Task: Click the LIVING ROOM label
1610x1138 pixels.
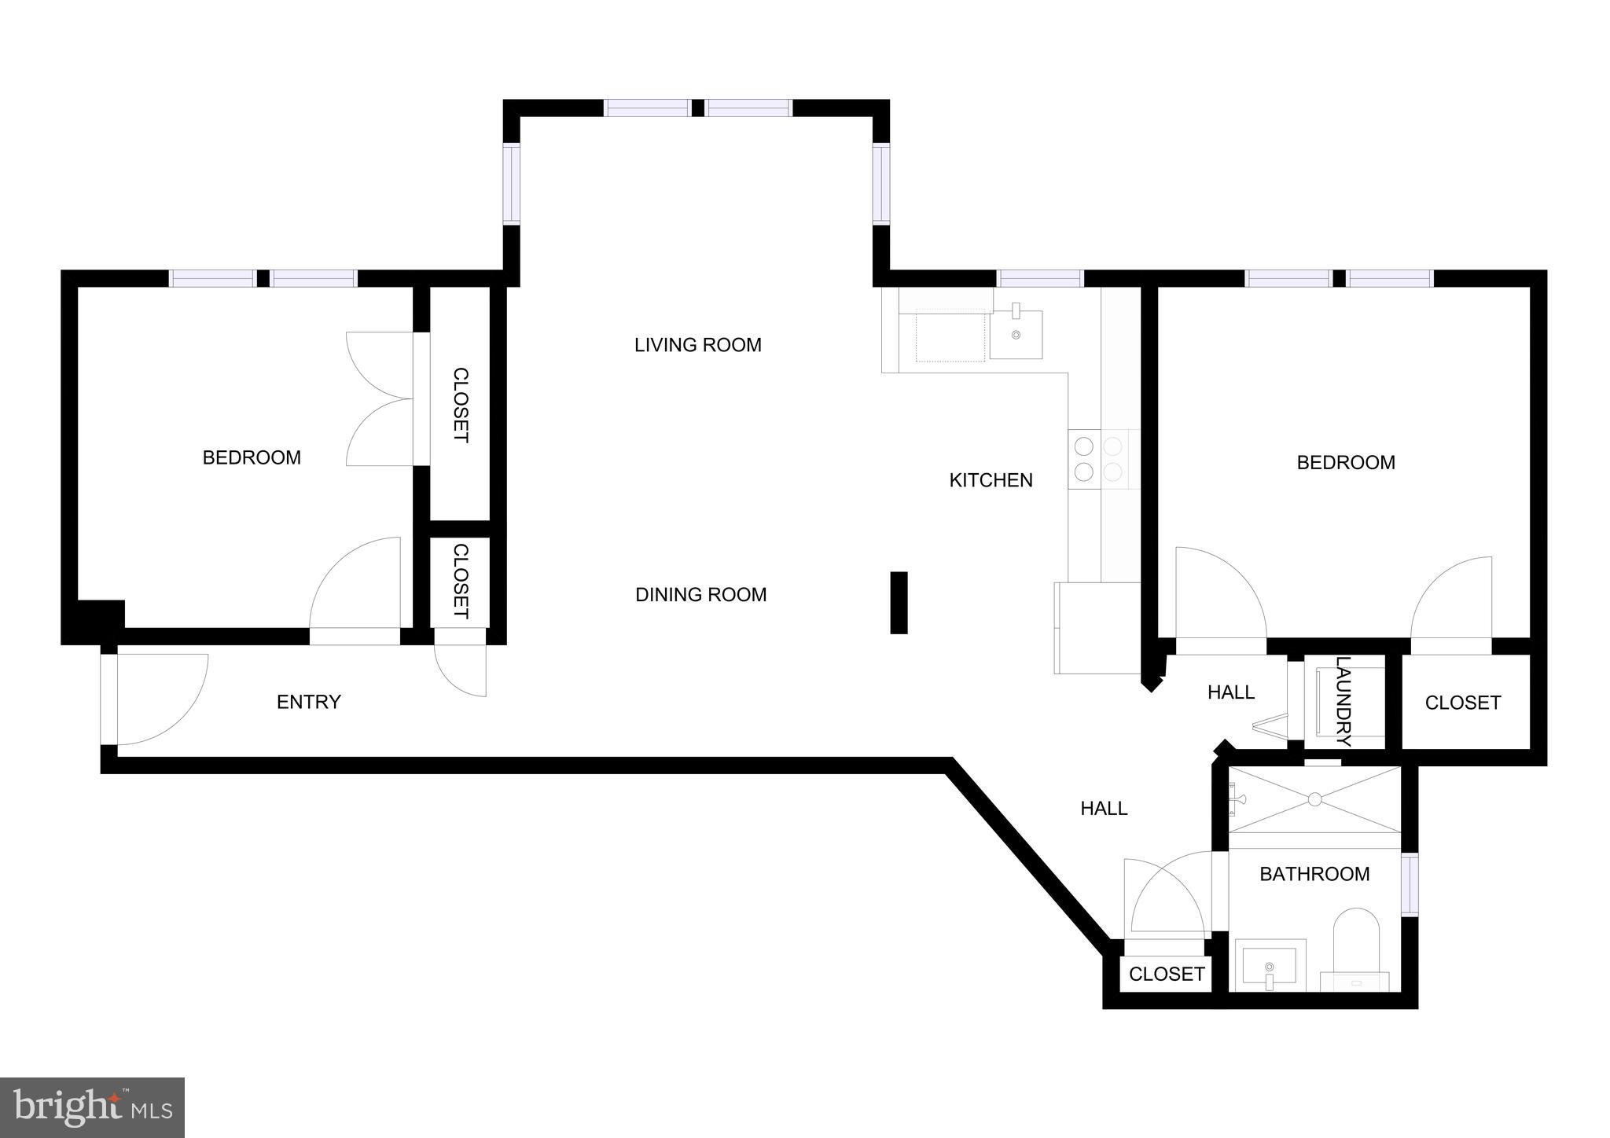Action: click(x=697, y=345)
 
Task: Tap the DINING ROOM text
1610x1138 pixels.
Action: click(x=700, y=595)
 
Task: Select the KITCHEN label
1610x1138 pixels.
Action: click(x=991, y=480)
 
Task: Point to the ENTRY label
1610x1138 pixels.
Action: click(x=308, y=702)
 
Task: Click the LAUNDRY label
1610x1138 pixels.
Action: click(x=1344, y=701)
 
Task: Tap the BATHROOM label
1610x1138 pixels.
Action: click(x=1314, y=874)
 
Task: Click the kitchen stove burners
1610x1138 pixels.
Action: click(x=1098, y=459)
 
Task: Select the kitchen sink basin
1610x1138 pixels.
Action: click(x=1016, y=334)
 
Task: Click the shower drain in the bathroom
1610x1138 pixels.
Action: click(x=1314, y=799)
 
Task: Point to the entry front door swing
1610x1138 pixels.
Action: click(x=161, y=698)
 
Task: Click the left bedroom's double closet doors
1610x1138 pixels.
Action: click(x=381, y=399)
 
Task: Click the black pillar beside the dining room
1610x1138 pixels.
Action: click(x=899, y=602)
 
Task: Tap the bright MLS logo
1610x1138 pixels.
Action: click(x=93, y=1107)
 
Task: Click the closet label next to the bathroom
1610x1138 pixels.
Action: click(x=1166, y=975)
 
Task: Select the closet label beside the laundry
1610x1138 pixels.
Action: click(x=1462, y=703)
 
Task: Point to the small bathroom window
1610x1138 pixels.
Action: click(x=1410, y=884)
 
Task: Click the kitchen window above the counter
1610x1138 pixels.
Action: click(x=1040, y=278)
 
